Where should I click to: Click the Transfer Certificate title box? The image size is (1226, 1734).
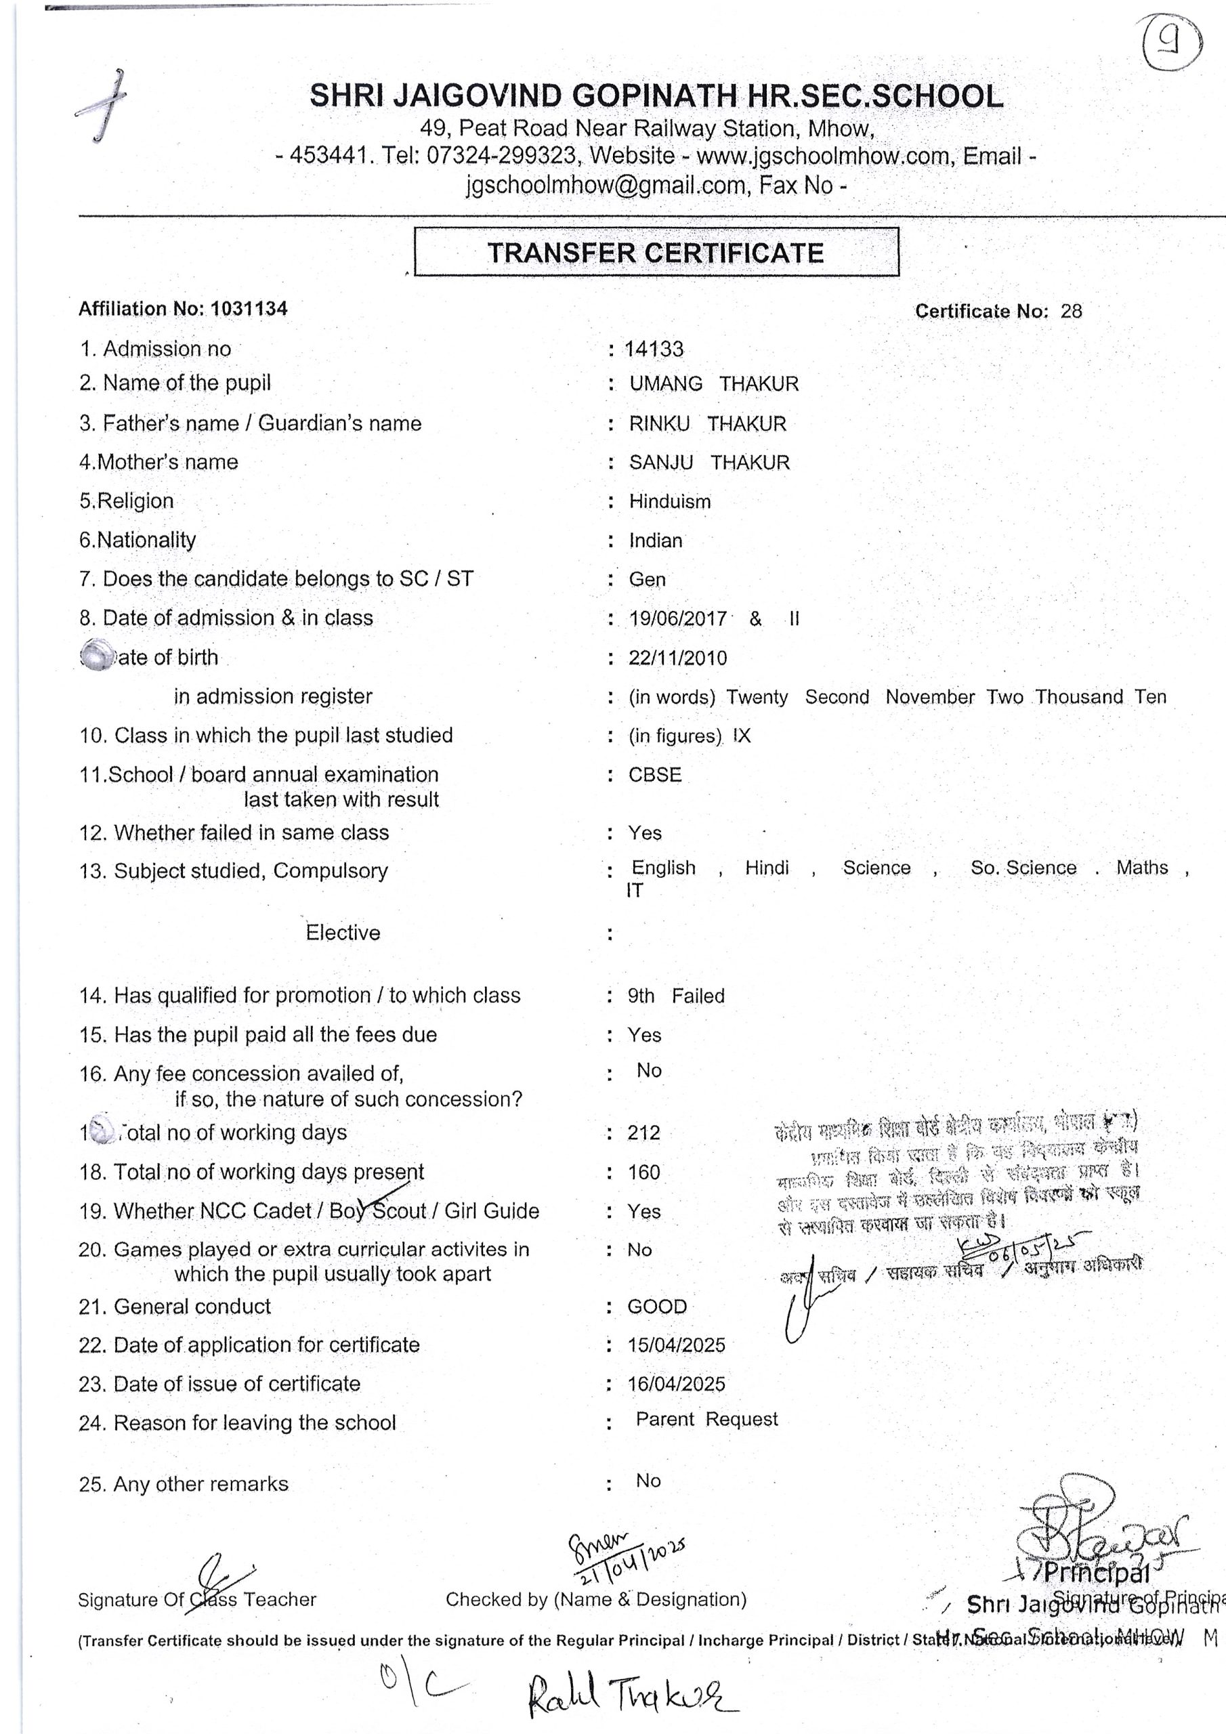coord(656,252)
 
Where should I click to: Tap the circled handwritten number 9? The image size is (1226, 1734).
coord(1172,42)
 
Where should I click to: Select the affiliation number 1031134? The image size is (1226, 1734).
coord(249,309)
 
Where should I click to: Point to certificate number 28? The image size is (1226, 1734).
coord(1070,311)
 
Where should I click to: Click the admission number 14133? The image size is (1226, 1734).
coord(654,349)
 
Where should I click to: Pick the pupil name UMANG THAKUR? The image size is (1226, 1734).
coord(714,383)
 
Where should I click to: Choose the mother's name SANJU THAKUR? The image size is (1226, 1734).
coord(709,462)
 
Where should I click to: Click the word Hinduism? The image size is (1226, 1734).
coord(669,501)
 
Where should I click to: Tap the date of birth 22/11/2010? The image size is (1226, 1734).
coord(677,658)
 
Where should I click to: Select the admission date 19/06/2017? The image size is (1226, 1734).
coord(677,619)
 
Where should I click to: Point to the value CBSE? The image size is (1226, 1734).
coord(655,775)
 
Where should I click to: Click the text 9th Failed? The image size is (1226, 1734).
coord(675,996)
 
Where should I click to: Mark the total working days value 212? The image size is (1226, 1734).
coord(643,1133)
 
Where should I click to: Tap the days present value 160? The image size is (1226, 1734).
coord(643,1172)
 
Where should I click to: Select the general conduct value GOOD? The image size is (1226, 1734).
coord(657,1307)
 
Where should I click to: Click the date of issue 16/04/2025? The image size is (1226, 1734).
coord(676,1384)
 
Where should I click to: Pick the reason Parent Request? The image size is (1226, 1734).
coord(706,1420)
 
